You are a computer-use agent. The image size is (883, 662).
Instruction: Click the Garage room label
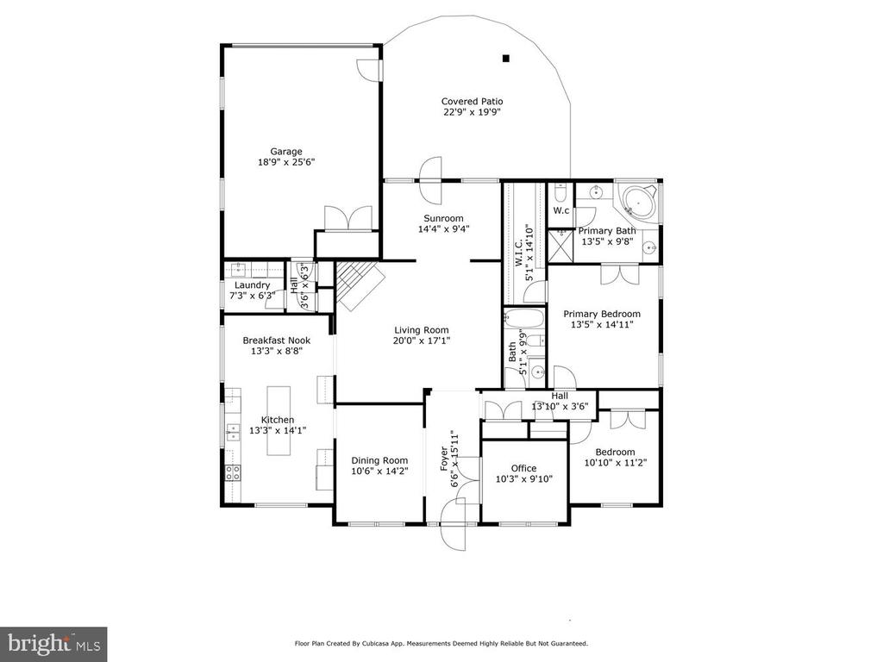[x=286, y=152]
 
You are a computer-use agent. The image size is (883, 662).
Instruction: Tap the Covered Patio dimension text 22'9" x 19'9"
[x=472, y=112]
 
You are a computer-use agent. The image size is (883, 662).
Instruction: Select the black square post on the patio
[x=505, y=58]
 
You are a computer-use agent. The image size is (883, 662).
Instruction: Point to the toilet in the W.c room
[x=560, y=193]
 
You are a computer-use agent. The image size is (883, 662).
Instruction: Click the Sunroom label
[x=444, y=218]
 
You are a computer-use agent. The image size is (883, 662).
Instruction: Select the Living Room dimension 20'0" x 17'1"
[x=422, y=340]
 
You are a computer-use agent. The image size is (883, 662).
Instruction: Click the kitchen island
[x=279, y=421]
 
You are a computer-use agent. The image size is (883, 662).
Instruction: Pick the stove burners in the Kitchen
[x=233, y=473]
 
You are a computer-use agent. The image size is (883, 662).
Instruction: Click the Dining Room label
[x=379, y=460]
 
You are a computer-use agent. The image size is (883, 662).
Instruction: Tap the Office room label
[x=523, y=468]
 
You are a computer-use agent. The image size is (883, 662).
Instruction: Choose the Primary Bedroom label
[x=602, y=314]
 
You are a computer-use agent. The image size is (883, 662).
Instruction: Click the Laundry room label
[x=253, y=285]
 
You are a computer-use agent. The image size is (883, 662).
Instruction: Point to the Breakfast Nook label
[x=277, y=340]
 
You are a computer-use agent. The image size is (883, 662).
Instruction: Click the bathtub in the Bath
[x=525, y=320]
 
